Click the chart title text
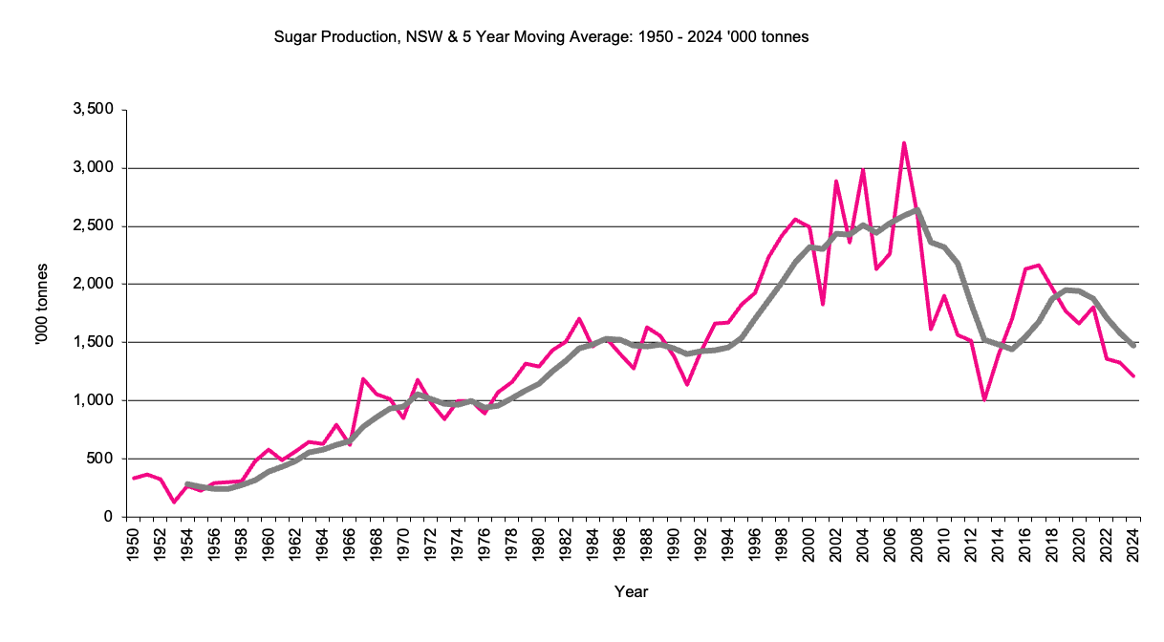[x=542, y=37]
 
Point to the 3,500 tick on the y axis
[x=95, y=110]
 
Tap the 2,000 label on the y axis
[x=95, y=284]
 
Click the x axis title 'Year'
[x=632, y=592]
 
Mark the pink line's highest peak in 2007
[x=904, y=143]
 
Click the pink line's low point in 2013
[x=984, y=399]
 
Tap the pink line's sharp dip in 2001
[x=823, y=304]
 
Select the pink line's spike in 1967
[x=363, y=379]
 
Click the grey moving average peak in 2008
[x=917, y=210]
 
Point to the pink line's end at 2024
[x=1133, y=376]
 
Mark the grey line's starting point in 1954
[x=187, y=484]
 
